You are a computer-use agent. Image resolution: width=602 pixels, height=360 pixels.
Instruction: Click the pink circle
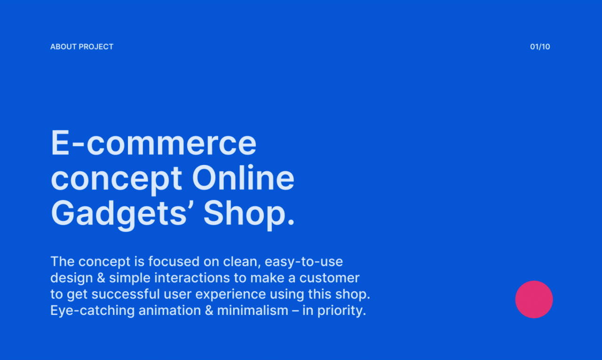click(x=534, y=299)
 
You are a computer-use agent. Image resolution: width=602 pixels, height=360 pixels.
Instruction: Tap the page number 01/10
click(x=540, y=47)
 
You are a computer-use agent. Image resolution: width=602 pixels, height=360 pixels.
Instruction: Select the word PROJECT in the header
click(x=96, y=47)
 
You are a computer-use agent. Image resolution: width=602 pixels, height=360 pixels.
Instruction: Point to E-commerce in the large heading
click(x=153, y=143)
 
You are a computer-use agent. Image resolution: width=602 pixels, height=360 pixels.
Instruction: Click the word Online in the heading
click(x=243, y=178)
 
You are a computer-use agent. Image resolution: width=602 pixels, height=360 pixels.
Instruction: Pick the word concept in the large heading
click(x=116, y=179)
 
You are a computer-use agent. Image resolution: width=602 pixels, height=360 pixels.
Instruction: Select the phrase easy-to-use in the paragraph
click(x=304, y=261)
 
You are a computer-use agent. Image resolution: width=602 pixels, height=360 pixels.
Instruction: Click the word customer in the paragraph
click(x=329, y=278)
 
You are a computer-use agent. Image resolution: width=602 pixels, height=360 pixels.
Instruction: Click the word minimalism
click(x=253, y=311)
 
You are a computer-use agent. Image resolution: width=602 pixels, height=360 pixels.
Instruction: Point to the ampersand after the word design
click(x=101, y=278)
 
